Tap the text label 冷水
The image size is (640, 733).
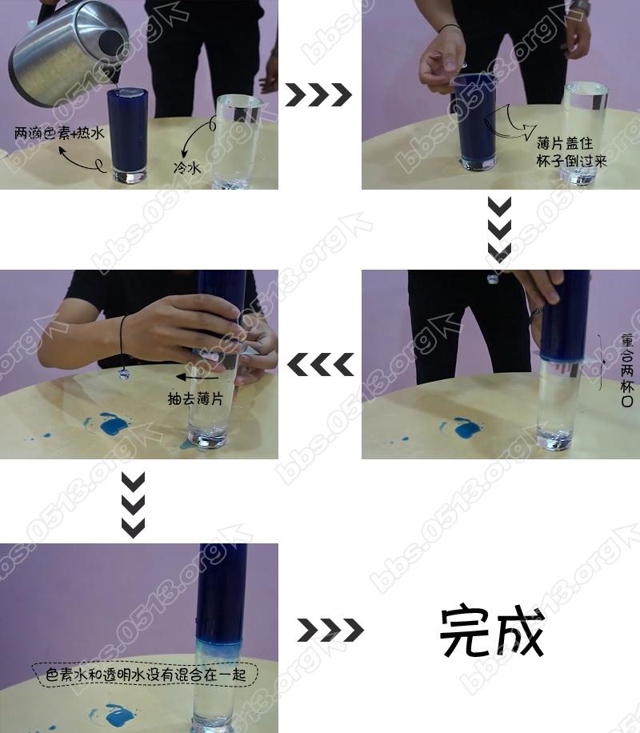click(187, 167)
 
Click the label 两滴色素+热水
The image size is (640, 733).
click(59, 133)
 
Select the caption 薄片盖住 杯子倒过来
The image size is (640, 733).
click(571, 152)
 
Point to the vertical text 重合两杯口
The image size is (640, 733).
click(627, 370)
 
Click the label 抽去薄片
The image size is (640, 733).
click(195, 399)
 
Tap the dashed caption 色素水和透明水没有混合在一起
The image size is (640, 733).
click(146, 675)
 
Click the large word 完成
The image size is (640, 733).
click(492, 631)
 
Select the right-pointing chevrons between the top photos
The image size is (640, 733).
click(318, 95)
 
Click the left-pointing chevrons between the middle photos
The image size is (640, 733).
click(321, 365)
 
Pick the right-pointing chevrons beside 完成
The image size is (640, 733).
click(330, 630)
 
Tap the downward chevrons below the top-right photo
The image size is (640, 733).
click(499, 229)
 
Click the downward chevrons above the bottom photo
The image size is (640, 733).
click(134, 505)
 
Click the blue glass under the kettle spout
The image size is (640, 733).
click(128, 134)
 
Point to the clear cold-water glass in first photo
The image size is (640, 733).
click(237, 141)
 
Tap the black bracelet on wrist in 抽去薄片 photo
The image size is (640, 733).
click(123, 346)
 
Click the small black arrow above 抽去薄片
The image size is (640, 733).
click(197, 377)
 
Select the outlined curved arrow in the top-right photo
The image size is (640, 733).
click(510, 124)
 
